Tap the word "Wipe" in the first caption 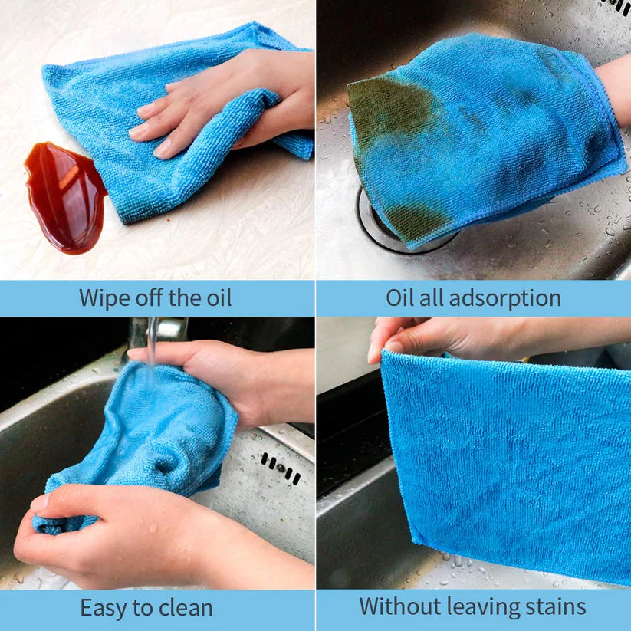pyautogui.click(x=105, y=297)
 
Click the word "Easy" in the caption pyautogui.click(x=104, y=609)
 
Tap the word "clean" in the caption pyautogui.click(x=186, y=609)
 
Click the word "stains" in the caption pyautogui.click(x=550, y=607)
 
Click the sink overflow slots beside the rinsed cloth pyautogui.click(x=279, y=466)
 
